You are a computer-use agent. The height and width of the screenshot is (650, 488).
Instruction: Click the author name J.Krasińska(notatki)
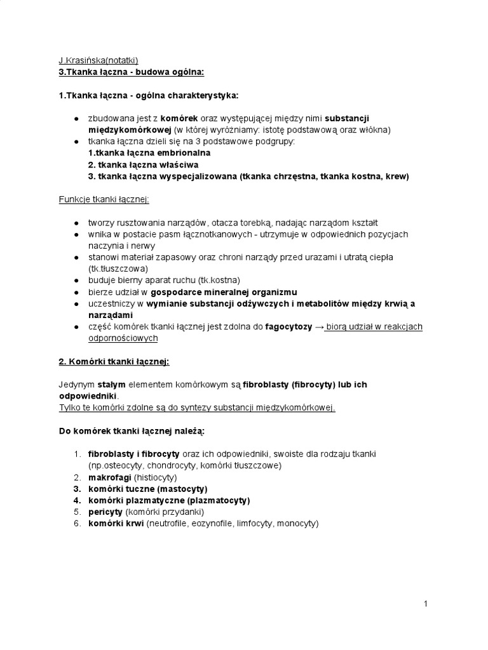tap(98, 61)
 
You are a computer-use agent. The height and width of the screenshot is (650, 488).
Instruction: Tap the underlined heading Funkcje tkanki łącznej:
tap(104, 199)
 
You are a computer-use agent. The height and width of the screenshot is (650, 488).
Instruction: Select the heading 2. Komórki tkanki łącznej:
tap(114, 362)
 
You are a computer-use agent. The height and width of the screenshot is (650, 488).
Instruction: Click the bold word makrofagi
tap(109, 477)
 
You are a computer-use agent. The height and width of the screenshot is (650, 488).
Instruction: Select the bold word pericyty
tap(105, 512)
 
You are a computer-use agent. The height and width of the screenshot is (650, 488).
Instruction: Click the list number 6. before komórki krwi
tap(76, 524)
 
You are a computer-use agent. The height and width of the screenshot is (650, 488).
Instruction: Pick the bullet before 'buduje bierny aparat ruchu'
tap(76, 280)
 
